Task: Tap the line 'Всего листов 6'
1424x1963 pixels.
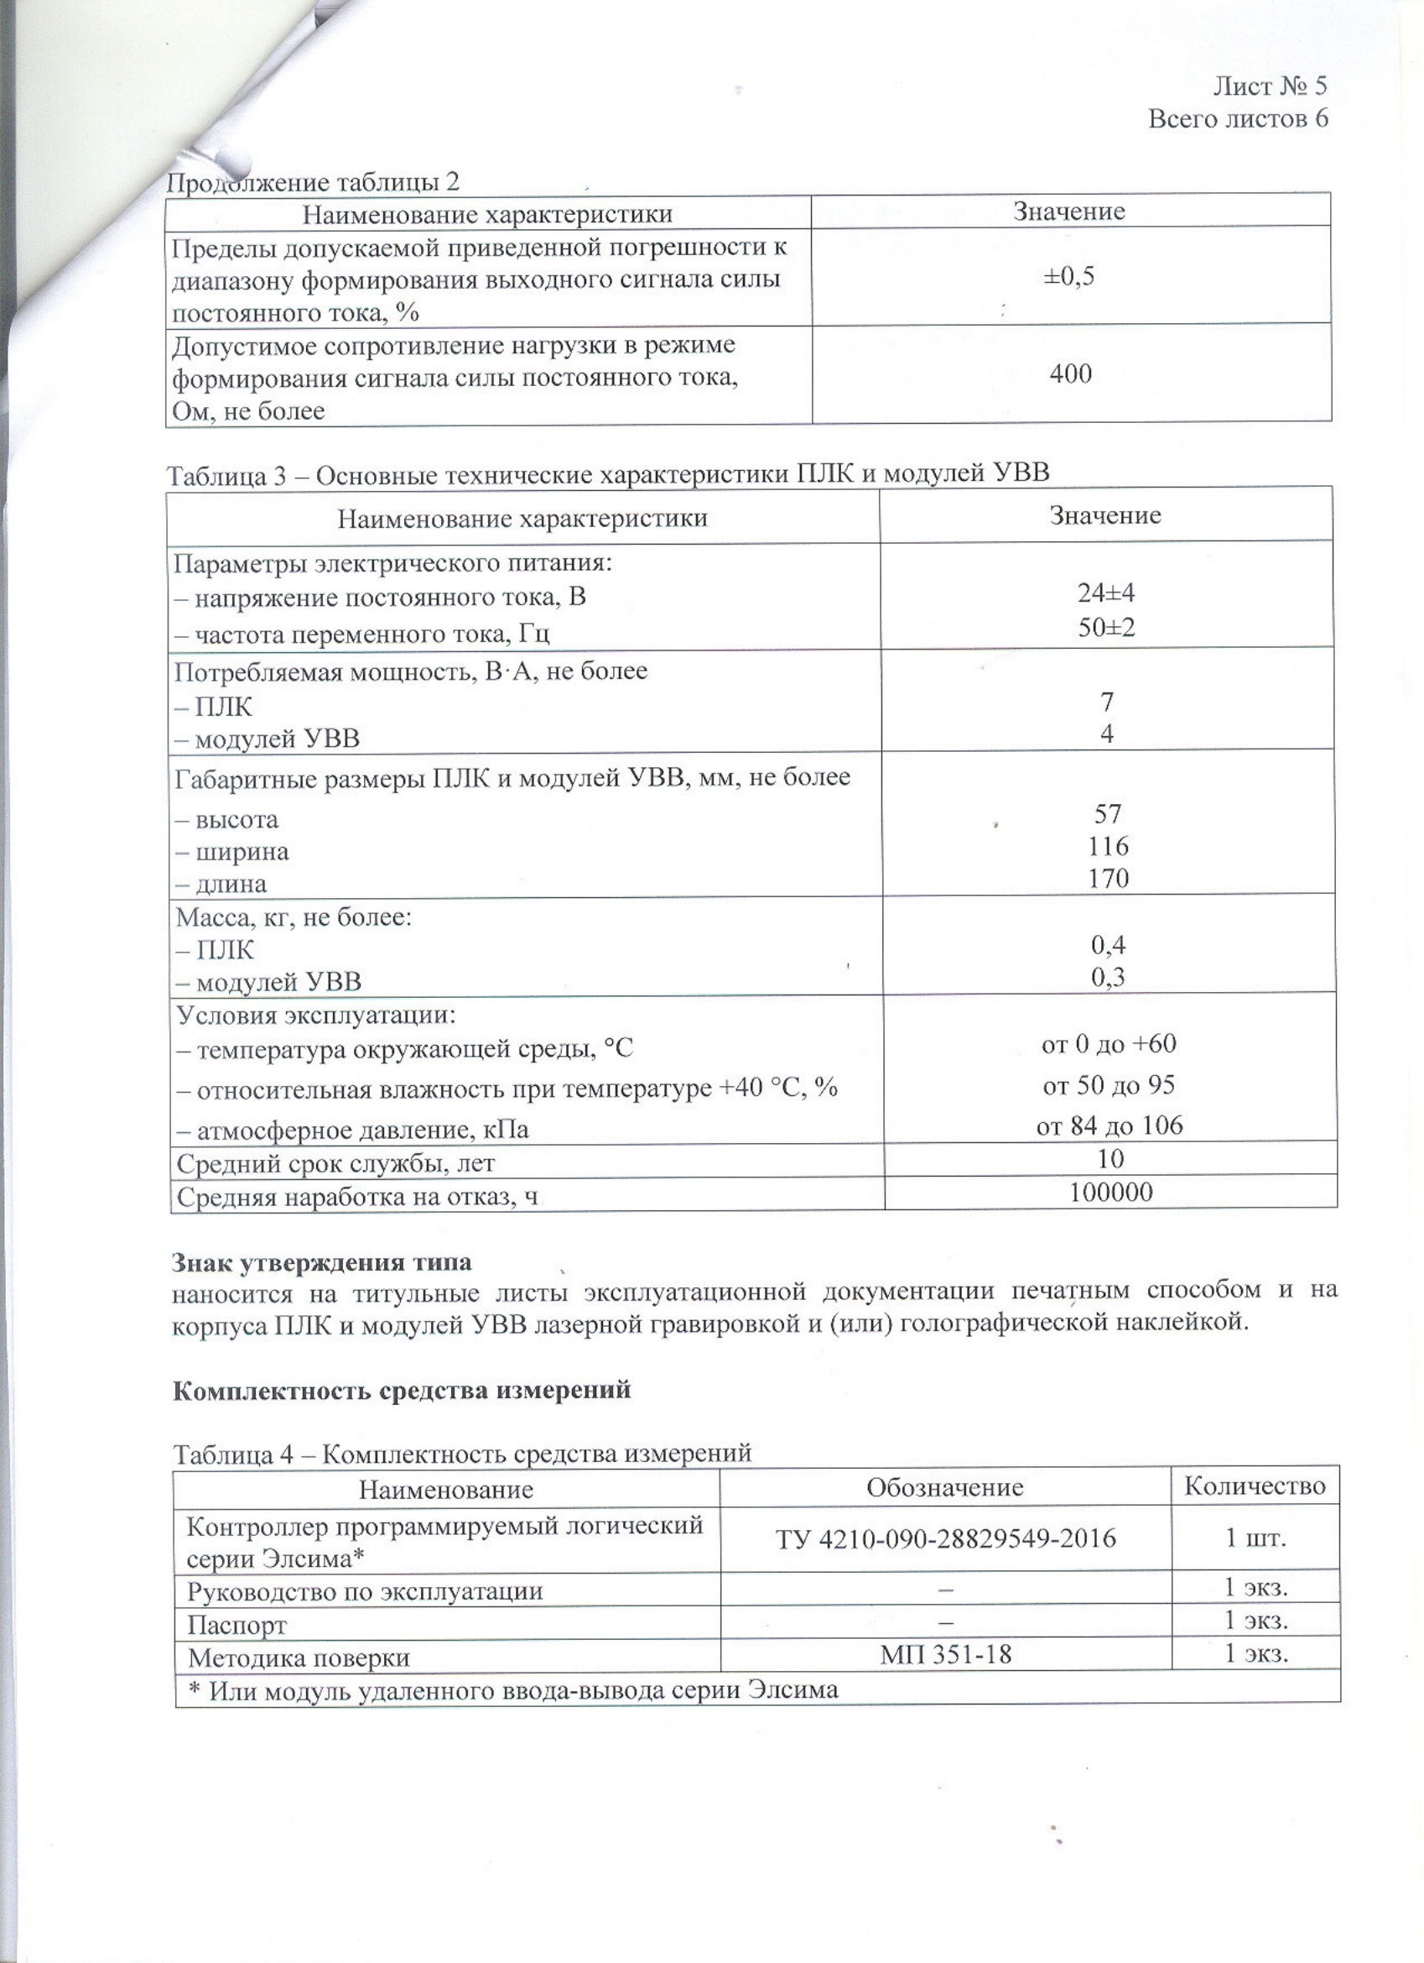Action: (x=1237, y=117)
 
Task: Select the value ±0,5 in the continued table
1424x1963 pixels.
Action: (x=1069, y=276)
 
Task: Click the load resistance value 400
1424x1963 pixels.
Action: (x=1070, y=374)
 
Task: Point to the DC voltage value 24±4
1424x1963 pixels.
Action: (x=1106, y=593)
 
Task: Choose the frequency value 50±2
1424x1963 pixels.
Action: (x=1106, y=627)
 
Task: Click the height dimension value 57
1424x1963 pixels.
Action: (x=1107, y=813)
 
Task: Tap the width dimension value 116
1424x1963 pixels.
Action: (x=1108, y=846)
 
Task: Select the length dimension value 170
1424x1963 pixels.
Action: (x=1108, y=879)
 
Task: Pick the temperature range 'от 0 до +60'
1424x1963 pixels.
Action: (x=1110, y=1044)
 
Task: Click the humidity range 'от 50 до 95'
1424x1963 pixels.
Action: (x=1110, y=1085)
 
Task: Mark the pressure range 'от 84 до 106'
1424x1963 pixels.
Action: (x=1110, y=1126)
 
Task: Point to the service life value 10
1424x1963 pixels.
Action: (x=1110, y=1159)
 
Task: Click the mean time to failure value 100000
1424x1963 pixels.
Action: (x=1111, y=1193)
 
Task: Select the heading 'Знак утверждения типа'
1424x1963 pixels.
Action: (x=322, y=1262)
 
